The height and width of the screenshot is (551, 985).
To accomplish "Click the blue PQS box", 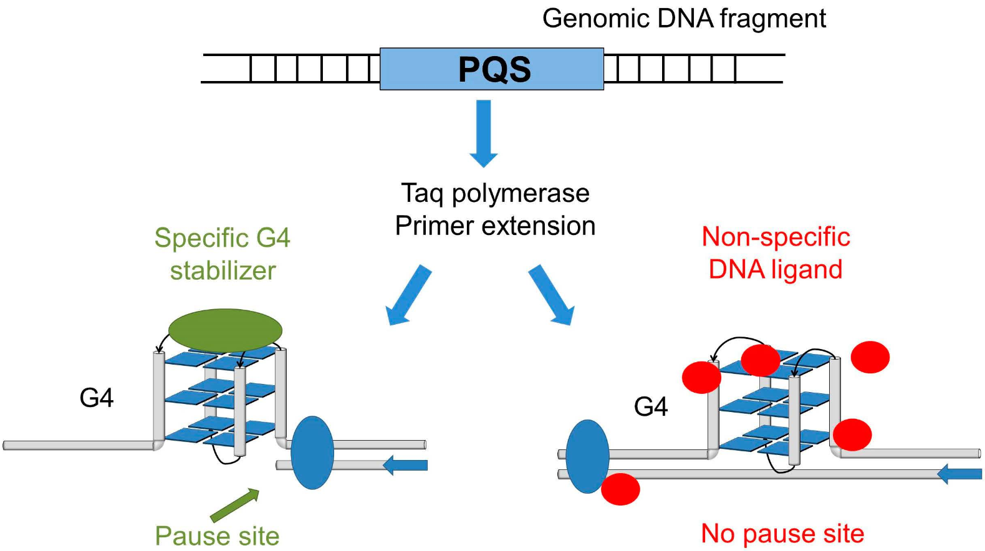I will pos(492,69).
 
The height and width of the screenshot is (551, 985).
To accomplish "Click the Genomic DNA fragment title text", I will pos(684,19).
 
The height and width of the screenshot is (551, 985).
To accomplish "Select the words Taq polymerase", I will pos(495,193).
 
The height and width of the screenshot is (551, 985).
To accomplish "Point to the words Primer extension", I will pos(495,226).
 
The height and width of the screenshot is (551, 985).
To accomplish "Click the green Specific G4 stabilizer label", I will pos(223,254).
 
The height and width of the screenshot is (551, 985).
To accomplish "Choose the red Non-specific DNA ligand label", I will pos(776,253).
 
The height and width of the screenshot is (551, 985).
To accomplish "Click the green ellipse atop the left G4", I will pos(225,330).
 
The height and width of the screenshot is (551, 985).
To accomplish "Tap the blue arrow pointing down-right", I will pos(552,295).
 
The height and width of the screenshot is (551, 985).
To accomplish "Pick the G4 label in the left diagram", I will pos(97,398).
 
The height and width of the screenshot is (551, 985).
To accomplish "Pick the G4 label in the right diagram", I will pos(651,407).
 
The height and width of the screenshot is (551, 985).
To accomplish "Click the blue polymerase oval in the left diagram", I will pos(312,453).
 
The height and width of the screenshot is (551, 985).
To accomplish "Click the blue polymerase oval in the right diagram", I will pos(587,456).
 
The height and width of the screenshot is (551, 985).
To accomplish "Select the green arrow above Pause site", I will pos(234,505).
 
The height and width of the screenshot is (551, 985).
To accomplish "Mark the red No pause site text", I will pos(782,534).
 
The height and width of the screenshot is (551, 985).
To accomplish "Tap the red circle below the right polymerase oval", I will pos(620,489).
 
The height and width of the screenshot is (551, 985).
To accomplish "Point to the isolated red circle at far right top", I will pos(870,357).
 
